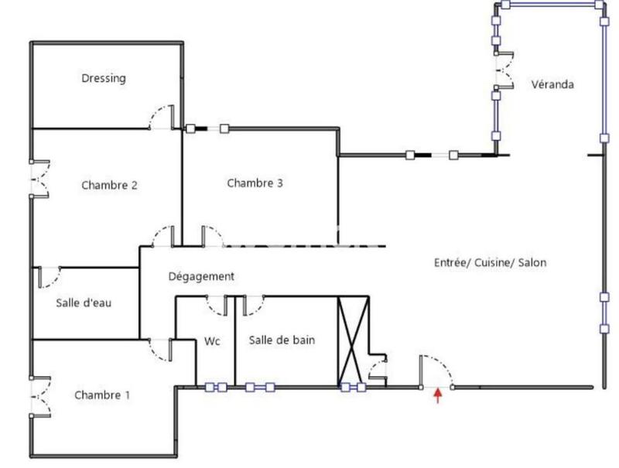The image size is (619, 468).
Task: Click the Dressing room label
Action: point(104,78)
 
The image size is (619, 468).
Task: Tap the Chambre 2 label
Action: point(109,185)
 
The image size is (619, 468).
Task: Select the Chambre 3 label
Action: point(255,183)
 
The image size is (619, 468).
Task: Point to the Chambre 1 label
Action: point(102,395)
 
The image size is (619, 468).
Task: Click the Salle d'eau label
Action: point(84,302)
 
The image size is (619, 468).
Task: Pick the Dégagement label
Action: point(201,276)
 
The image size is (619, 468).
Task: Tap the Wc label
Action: point(213,340)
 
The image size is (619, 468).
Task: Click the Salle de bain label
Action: point(282,340)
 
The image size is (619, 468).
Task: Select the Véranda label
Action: point(552,84)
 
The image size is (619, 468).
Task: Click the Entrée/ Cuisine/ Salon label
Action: point(490,263)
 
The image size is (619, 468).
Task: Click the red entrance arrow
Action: point(438,397)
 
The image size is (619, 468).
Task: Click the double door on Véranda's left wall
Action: point(504,72)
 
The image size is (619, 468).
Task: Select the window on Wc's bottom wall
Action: point(215,388)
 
